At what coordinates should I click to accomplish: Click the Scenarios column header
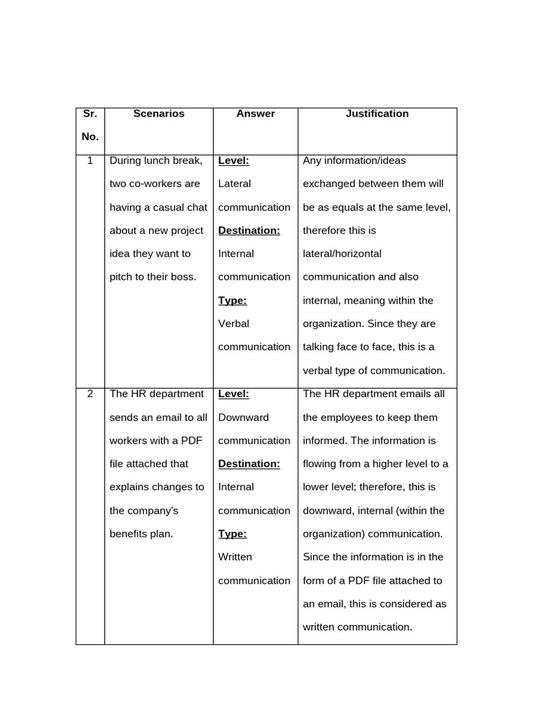click(159, 114)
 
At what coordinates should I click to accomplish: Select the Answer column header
click(255, 114)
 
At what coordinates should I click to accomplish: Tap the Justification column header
click(377, 114)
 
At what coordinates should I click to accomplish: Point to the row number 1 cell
click(90, 160)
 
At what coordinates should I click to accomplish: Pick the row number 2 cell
click(90, 394)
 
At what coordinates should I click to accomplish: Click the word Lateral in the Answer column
click(235, 184)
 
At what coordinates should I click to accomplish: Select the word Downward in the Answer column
click(244, 417)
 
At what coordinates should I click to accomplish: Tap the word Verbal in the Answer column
click(234, 324)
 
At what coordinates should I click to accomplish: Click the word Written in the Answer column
click(235, 557)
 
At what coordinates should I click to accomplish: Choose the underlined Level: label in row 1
click(234, 160)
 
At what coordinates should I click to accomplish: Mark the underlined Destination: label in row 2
click(249, 464)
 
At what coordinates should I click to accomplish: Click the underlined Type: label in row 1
click(232, 301)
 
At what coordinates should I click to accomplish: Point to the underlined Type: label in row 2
click(232, 534)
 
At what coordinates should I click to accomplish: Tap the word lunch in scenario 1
click(156, 160)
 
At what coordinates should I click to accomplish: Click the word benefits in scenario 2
click(129, 534)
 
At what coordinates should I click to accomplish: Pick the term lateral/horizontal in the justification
click(342, 254)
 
